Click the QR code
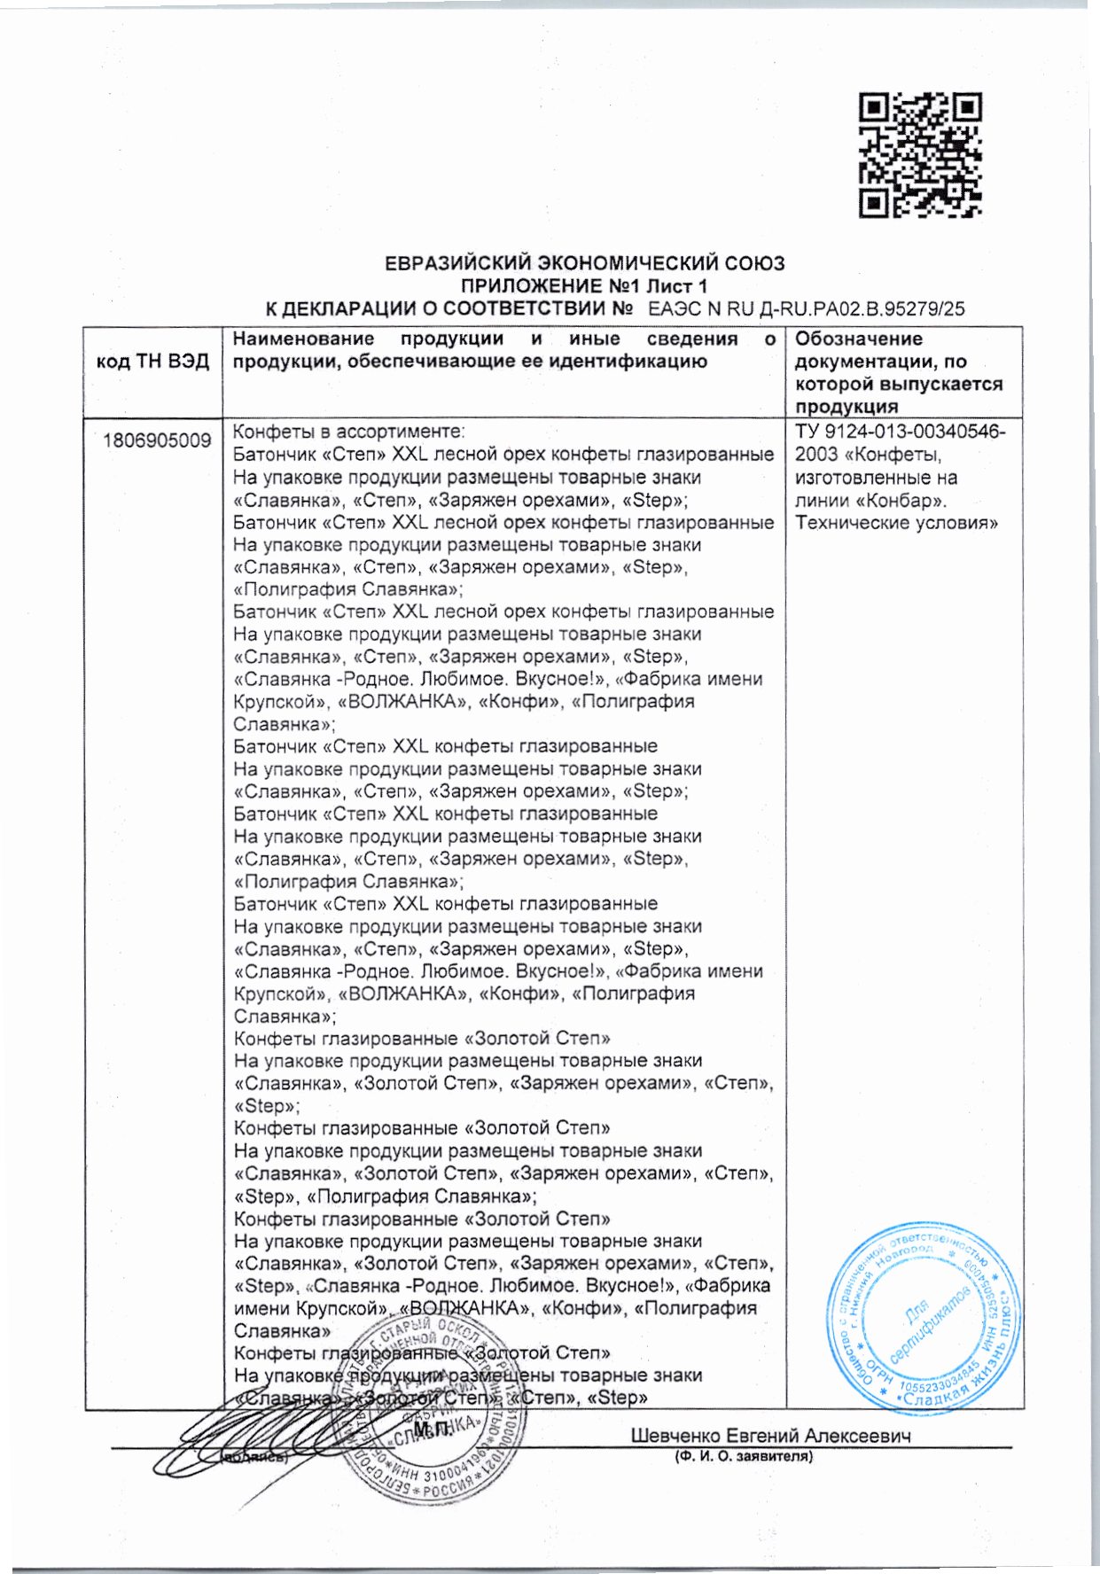tap(919, 155)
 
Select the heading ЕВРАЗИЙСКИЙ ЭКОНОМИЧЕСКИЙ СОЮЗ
tap(584, 264)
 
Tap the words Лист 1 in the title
tap(677, 286)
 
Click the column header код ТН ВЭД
tap(152, 362)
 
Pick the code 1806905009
tap(157, 440)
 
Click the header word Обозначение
tap(846, 339)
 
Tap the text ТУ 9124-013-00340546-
tap(900, 432)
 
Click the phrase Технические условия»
tap(896, 523)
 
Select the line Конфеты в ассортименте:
tap(348, 432)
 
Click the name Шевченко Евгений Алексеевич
tap(770, 1436)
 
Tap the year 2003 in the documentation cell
tap(816, 455)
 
